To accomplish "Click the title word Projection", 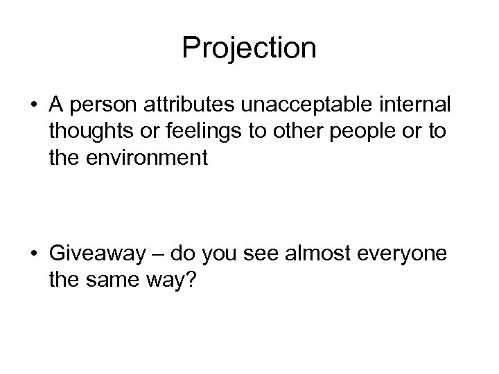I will (249, 48).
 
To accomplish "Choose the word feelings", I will (189, 132).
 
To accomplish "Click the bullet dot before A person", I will (32, 105).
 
